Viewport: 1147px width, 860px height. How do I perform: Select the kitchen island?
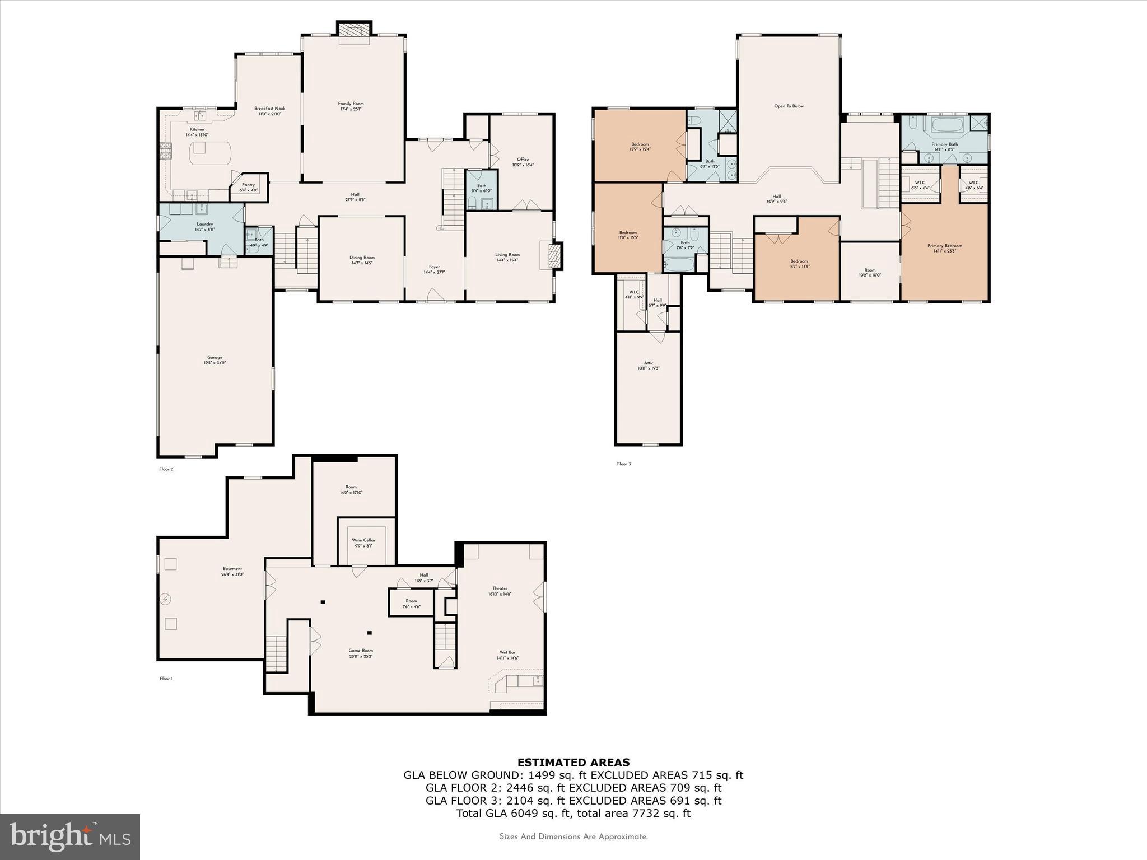(210, 153)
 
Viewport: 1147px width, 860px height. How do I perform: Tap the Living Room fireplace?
(554, 257)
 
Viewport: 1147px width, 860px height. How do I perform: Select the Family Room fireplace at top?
(354, 30)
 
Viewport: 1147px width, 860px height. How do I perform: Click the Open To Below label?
(789, 106)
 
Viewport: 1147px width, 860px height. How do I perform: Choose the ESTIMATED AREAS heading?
(573, 762)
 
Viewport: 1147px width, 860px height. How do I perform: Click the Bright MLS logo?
(70, 836)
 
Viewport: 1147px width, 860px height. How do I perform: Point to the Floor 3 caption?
(623, 464)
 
